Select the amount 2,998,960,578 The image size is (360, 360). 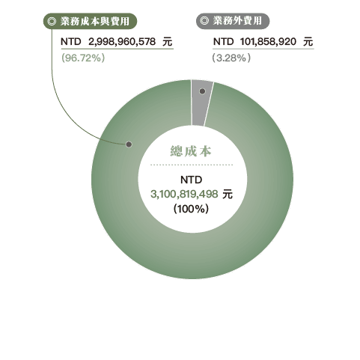tap(122, 41)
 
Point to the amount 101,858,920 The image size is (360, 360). tap(268, 41)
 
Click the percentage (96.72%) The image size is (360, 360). tap(83, 58)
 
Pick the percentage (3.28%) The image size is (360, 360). tap(231, 58)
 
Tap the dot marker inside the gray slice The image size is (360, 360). tap(202, 91)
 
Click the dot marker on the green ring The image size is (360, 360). tap(129, 144)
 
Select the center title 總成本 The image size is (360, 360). tap(191, 151)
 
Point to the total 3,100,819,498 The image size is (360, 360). tap(184, 194)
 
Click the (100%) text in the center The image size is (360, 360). tap(191, 209)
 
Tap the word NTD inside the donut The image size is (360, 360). tap(191, 180)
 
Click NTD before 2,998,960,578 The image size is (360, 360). tap(71, 41)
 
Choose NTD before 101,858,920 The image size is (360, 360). tap(223, 41)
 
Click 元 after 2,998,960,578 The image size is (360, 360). tap(168, 41)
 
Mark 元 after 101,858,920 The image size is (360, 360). tap(308, 41)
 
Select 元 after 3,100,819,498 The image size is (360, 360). tap(228, 194)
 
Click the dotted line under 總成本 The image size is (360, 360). tap(192, 165)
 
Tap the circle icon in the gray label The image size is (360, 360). tap(204, 21)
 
